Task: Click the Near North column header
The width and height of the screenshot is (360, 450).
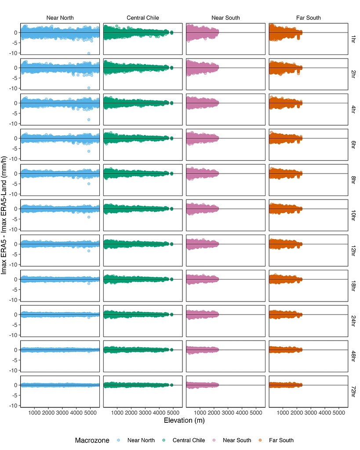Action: click(x=60, y=18)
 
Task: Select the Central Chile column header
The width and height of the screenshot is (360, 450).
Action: click(x=143, y=18)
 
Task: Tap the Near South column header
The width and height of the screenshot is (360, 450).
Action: click(x=225, y=18)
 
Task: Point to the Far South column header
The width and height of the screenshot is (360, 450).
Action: click(x=308, y=18)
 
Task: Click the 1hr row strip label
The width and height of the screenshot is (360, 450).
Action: click(x=353, y=39)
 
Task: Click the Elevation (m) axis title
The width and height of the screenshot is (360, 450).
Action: click(x=184, y=421)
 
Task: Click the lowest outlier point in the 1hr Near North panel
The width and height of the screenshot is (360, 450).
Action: click(x=89, y=53)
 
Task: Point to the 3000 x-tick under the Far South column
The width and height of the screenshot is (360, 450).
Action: click(x=311, y=413)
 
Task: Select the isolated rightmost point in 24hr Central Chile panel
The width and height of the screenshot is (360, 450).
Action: click(x=172, y=314)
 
